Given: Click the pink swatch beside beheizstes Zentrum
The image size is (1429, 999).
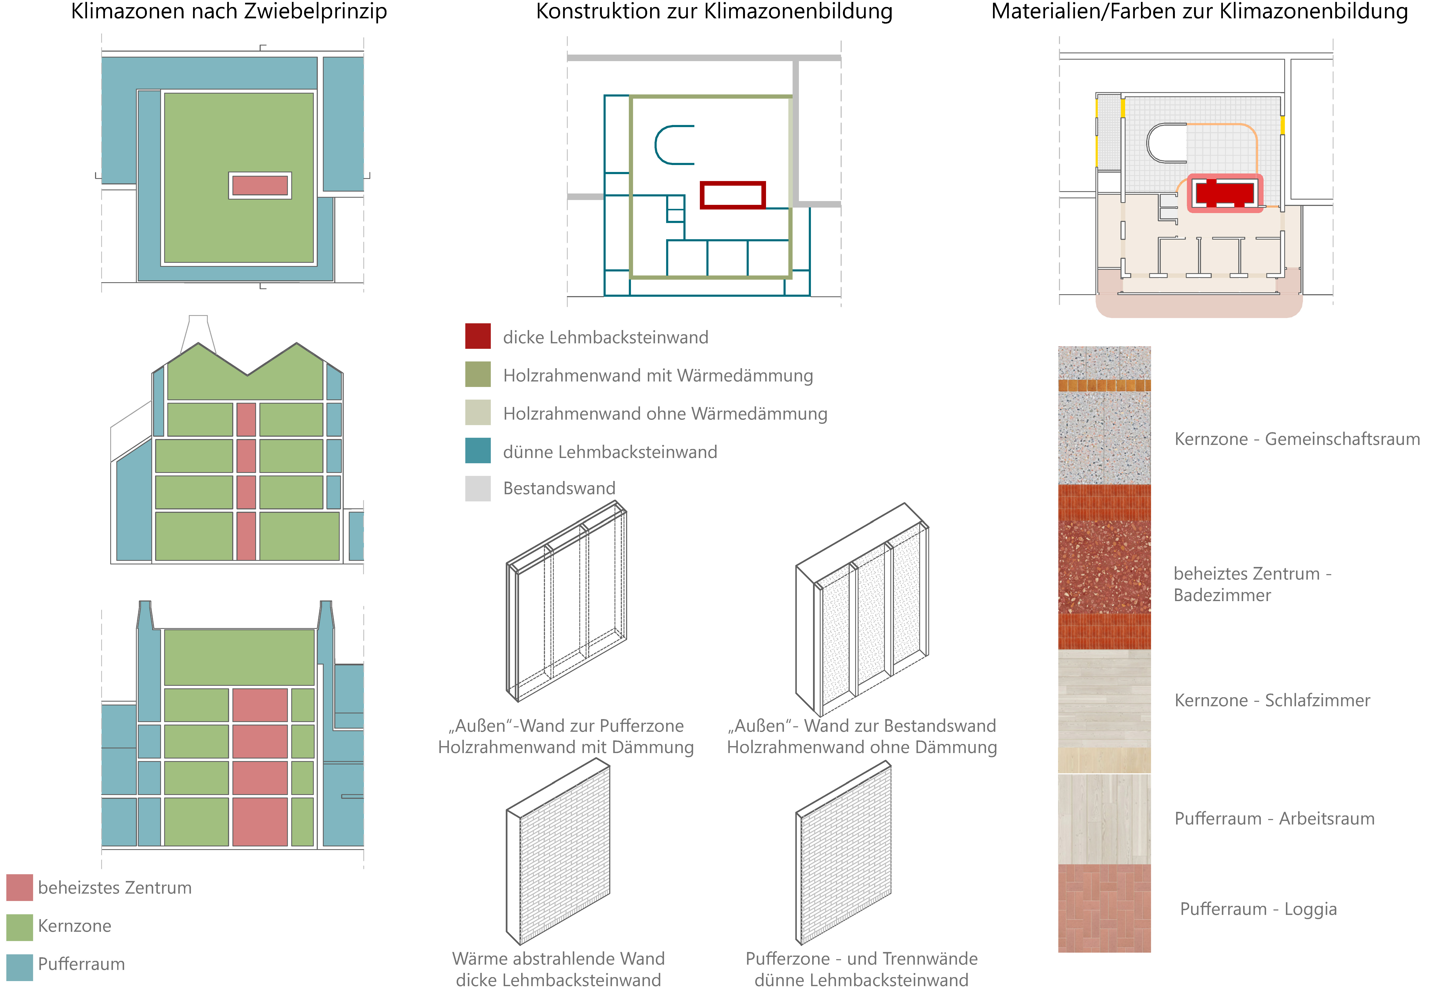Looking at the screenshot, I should point(19,888).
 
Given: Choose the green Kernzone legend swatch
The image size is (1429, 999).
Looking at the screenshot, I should point(19,926).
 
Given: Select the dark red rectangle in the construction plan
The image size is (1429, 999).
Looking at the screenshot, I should point(733,195).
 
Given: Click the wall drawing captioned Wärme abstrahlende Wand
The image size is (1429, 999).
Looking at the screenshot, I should point(558,853).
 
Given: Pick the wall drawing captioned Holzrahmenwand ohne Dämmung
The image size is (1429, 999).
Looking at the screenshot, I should point(862,610).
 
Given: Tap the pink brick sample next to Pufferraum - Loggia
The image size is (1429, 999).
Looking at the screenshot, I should point(1104,908).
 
